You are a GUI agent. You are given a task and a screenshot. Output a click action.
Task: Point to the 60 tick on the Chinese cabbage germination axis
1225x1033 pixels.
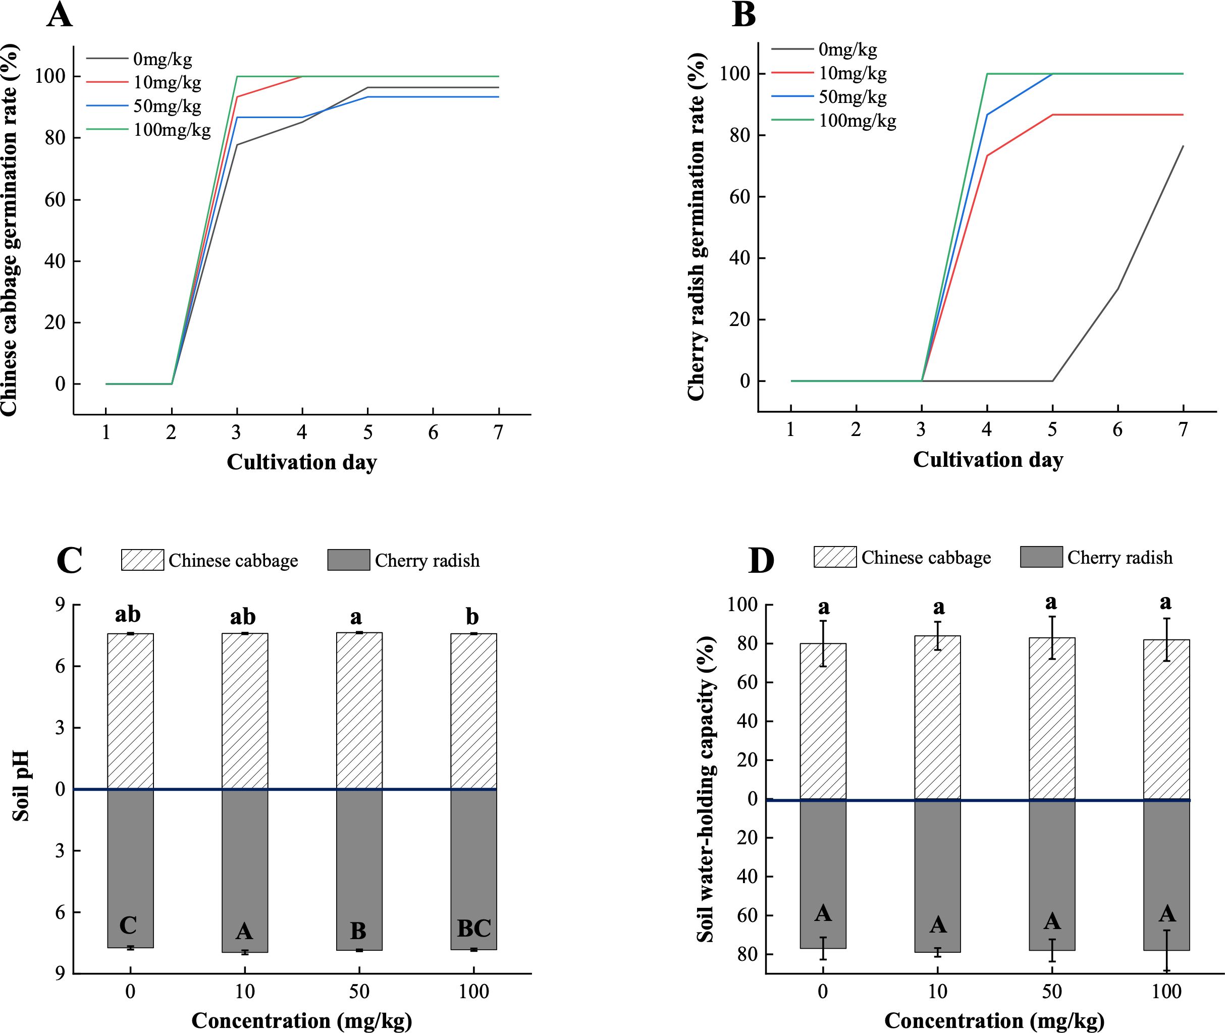click(x=55, y=199)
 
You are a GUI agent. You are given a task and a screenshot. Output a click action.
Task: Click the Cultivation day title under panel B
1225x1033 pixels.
click(x=988, y=460)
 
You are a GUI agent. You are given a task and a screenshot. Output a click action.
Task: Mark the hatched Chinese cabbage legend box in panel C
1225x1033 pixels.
click(x=142, y=560)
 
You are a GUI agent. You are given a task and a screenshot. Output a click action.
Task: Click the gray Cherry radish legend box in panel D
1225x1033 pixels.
click(x=1041, y=557)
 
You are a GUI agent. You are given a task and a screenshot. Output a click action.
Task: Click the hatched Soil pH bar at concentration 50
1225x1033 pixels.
click(x=359, y=711)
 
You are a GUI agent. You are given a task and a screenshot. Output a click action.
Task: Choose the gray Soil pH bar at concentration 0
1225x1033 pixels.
click(x=131, y=868)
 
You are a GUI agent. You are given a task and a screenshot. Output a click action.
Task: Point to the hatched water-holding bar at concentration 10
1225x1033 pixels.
click(x=937, y=718)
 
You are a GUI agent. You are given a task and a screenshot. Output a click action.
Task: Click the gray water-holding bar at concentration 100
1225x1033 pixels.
click(x=1166, y=875)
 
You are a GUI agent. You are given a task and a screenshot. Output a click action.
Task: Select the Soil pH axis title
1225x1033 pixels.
click(x=21, y=786)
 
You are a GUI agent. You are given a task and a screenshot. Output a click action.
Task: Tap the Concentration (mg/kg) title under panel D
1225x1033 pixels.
click(x=994, y=1020)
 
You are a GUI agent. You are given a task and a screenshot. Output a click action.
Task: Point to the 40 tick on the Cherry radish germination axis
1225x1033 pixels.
click(x=739, y=258)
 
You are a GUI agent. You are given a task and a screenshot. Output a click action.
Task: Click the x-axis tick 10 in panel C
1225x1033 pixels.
click(x=245, y=992)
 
